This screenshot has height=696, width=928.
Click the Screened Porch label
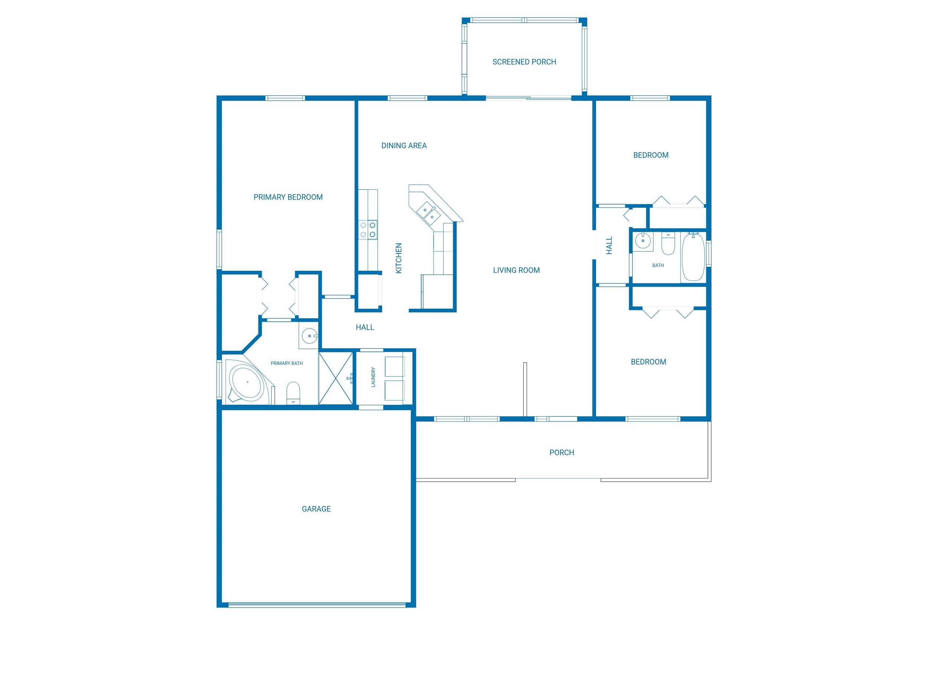point(524,62)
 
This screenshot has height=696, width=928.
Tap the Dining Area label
point(403,146)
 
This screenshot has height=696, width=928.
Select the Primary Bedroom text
point(288,197)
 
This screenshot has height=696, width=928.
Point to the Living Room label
point(516,270)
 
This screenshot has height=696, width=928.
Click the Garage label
point(316,509)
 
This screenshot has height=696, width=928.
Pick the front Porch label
point(561,452)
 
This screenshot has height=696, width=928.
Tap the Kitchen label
point(399,258)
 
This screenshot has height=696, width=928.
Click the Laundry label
point(373,377)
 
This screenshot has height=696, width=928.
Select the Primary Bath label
point(287,363)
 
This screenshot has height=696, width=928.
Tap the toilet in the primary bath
point(293,392)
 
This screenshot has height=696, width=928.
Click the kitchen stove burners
point(368,230)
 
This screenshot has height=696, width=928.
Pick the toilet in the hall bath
point(667,245)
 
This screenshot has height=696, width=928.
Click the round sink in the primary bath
point(310,336)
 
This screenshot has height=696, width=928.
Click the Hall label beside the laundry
point(365,327)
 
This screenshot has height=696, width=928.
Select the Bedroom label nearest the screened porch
point(650,155)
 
